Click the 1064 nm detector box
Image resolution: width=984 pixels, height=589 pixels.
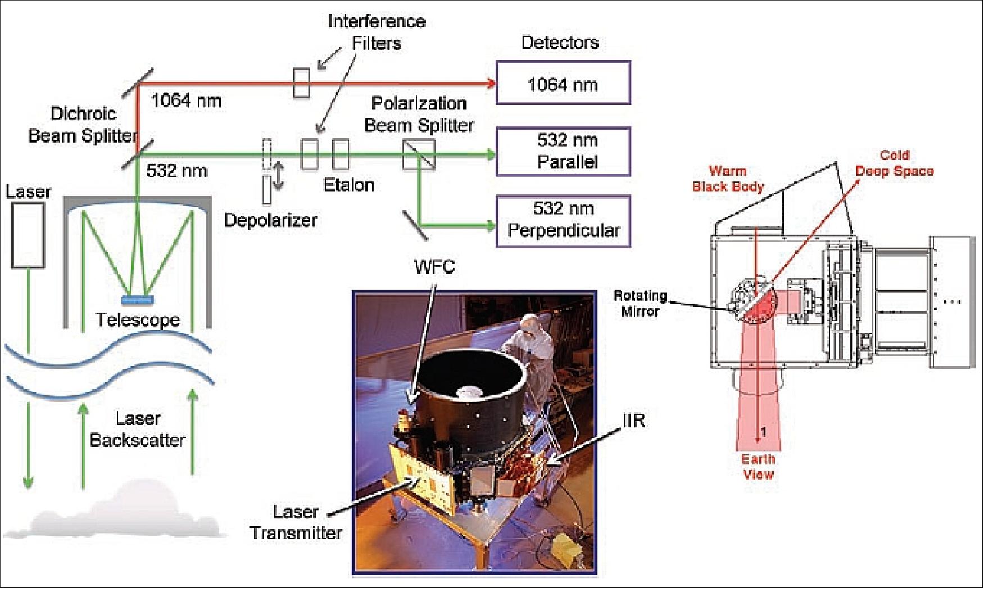(x=563, y=84)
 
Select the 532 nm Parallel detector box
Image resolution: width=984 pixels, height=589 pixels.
(x=563, y=152)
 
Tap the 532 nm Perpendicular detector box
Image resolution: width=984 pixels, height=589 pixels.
(x=563, y=220)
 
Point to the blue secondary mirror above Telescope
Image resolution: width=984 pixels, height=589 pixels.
(x=137, y=300)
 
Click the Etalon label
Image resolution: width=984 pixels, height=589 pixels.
(x=348, y=185)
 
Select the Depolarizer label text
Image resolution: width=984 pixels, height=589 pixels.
(x=270, y=220)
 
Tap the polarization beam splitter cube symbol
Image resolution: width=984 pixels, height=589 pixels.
(x=419, y=155)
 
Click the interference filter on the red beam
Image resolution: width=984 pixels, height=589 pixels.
(x=301, y=83)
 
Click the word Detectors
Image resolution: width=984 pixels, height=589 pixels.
(x=560, y=43)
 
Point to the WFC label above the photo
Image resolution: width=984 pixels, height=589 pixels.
(x=434, y=266)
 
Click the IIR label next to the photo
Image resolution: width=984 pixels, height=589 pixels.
(x=634, y=420)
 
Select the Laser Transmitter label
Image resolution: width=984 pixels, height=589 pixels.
(x=296, y=522)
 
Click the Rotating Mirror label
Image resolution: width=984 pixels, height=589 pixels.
(x=640, y=303)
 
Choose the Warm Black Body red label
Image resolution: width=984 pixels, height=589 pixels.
(x=727, y=179)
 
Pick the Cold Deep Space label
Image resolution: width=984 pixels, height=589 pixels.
(x=894, y=163)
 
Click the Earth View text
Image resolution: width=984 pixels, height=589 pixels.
(x=758, y=467)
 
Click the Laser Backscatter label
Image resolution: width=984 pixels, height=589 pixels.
(x=138, y=430)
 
